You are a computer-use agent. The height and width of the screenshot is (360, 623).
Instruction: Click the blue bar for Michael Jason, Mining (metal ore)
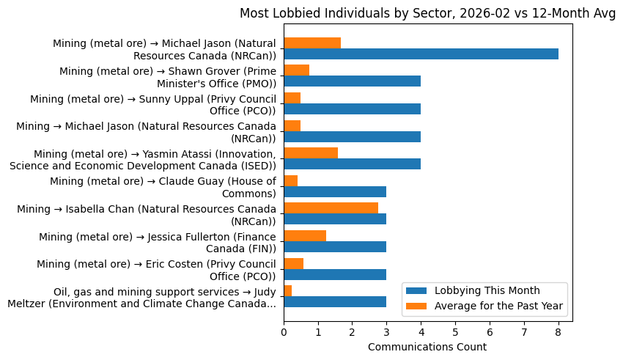click(x=421, y=54)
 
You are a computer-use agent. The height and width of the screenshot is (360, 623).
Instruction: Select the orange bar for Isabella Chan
click(x=331, y=208)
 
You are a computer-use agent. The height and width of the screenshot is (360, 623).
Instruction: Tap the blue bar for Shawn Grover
click(x=352, y=81)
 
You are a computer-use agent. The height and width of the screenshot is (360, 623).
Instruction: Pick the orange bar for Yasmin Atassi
click(x=311, y=153)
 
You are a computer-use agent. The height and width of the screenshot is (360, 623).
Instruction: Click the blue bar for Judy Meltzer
click(x=335, y=302)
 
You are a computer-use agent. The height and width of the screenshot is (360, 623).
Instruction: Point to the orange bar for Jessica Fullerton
click(x=305, y=235)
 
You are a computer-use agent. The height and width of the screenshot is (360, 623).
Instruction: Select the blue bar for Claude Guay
click(x=335, y=192)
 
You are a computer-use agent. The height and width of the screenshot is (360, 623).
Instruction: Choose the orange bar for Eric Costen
click(x=293, y=263)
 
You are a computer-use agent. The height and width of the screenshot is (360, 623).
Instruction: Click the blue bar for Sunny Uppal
click(x=352, y=109)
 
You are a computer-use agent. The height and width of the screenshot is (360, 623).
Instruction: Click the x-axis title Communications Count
click(x=427, y=347)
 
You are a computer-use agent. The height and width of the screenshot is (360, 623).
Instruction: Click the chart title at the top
click(x=427, y=13)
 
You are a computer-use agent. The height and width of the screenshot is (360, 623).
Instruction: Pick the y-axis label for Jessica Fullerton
click(x=157, y=243)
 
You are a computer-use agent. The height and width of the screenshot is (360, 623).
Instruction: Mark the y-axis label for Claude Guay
click(x=163, y=187)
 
